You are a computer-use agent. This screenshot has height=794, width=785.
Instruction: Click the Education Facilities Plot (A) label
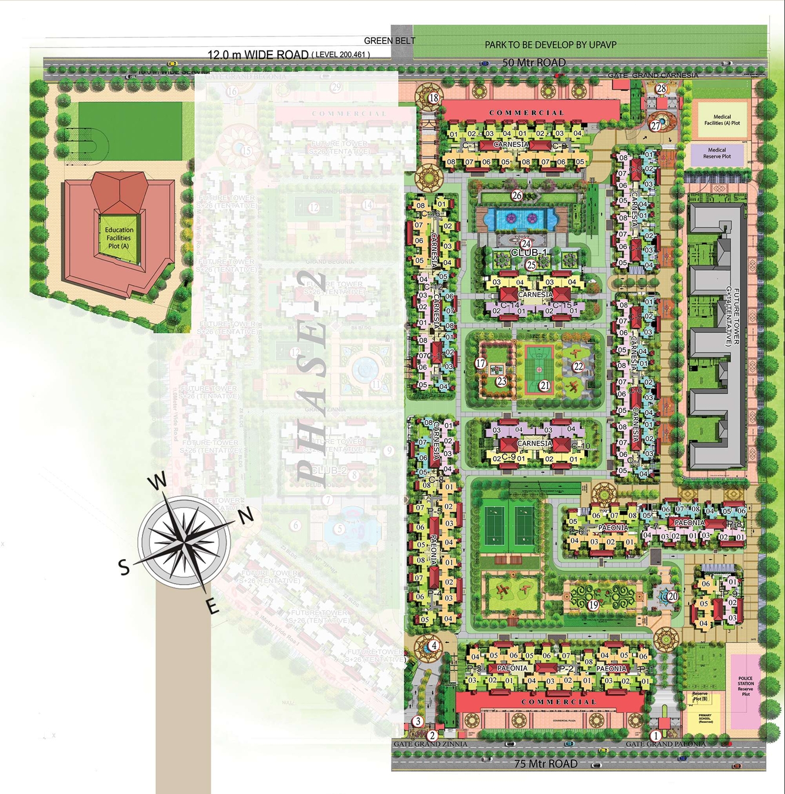[119, 238]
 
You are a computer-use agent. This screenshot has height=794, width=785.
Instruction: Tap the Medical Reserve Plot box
[716, 153]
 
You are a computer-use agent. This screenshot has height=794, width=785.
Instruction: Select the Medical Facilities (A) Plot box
[722, 120]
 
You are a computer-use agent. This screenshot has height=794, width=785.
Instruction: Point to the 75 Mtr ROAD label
[546, 763]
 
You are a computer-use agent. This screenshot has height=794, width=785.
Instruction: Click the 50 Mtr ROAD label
[534, 63]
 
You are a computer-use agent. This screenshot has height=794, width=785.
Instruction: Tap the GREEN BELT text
[390, 41]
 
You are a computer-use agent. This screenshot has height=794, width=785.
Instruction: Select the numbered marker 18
[434, 98]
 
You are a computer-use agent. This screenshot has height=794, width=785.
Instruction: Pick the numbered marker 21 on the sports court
[544, 386]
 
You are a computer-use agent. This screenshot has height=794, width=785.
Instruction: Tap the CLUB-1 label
[529, 253]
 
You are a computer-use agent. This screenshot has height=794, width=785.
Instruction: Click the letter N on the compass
[246, 516]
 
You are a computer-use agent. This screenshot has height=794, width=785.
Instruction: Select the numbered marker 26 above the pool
[516, 196]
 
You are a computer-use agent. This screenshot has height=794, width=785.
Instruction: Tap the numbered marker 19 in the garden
[593, 605]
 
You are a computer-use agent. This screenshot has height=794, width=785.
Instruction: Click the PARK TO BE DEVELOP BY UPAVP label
[550, 44]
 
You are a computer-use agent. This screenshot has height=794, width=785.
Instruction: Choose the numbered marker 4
[434, 645]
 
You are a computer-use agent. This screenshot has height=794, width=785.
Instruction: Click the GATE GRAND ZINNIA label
[431, 744]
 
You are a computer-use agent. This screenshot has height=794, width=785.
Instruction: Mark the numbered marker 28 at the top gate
[661, 89]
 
